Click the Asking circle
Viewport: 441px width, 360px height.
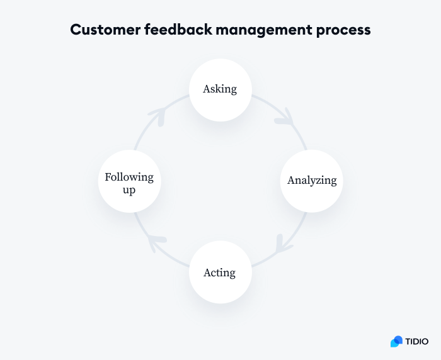click(220, 90)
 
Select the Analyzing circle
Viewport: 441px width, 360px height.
click(312, 181)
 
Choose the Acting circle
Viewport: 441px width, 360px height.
click(220, 273)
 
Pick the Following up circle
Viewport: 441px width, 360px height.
click(129, 181)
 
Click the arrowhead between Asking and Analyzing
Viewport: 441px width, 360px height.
click(285, 117)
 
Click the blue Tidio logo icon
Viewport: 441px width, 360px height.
click(396, 341)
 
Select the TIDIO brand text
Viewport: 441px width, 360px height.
click(417, 342)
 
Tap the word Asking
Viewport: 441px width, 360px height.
click(220, 89)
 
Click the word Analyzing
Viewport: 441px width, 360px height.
click(312, 181)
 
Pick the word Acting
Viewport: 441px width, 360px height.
click(220, 273)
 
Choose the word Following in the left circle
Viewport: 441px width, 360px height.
click(129, 177)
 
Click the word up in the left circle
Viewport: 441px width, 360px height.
click(129, 189)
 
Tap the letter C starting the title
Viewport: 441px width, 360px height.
click(76, 30)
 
